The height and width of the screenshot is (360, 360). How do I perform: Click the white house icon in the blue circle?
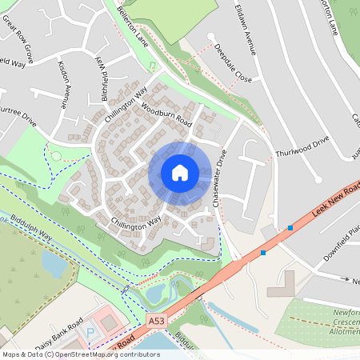[180, 173]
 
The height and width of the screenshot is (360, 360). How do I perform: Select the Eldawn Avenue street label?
[243, 27]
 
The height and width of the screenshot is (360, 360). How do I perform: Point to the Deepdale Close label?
[233, 65]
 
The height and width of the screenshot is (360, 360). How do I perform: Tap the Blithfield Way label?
[102, 71]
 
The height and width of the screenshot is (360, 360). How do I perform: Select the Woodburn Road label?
[166, 114]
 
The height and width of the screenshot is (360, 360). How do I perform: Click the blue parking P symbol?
[90, 330]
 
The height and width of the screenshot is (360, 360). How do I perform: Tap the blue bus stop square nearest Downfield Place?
[290, 228]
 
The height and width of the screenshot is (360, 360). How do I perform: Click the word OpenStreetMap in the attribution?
[102, 354]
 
